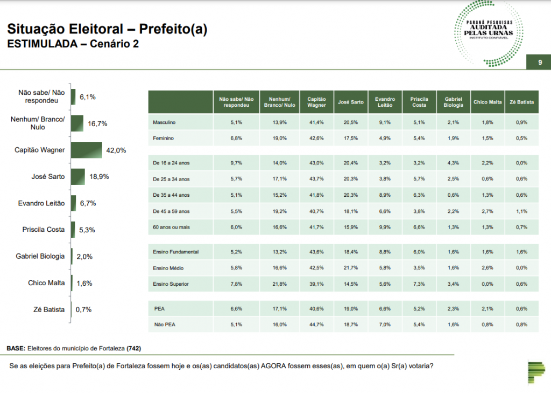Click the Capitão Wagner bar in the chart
pyautogui.click(x=86, y=150)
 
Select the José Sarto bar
pyautogui.click(x=78, y=176)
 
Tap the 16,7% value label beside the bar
pyautogui.click(x=98, y=123)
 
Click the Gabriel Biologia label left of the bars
pyautogui.click(x=40, y=256)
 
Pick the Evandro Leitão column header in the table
pyautogui.click(x=385, y=102)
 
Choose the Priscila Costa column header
pyautogui.click(x=419, y=102)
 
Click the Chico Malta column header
pyautogui.click(x=488, y=102)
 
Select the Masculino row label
pyautogui.click(x=164, y=123)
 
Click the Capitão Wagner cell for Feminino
pyautogui.click(x=316, y=138)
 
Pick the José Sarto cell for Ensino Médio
pyautogui.click(x=351, y=268)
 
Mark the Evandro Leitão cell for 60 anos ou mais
pyautogui.click(x=385, y=226)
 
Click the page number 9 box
pyautogui.click(x=540, y=63)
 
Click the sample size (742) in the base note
pyautogui.click(x=133, y=348)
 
